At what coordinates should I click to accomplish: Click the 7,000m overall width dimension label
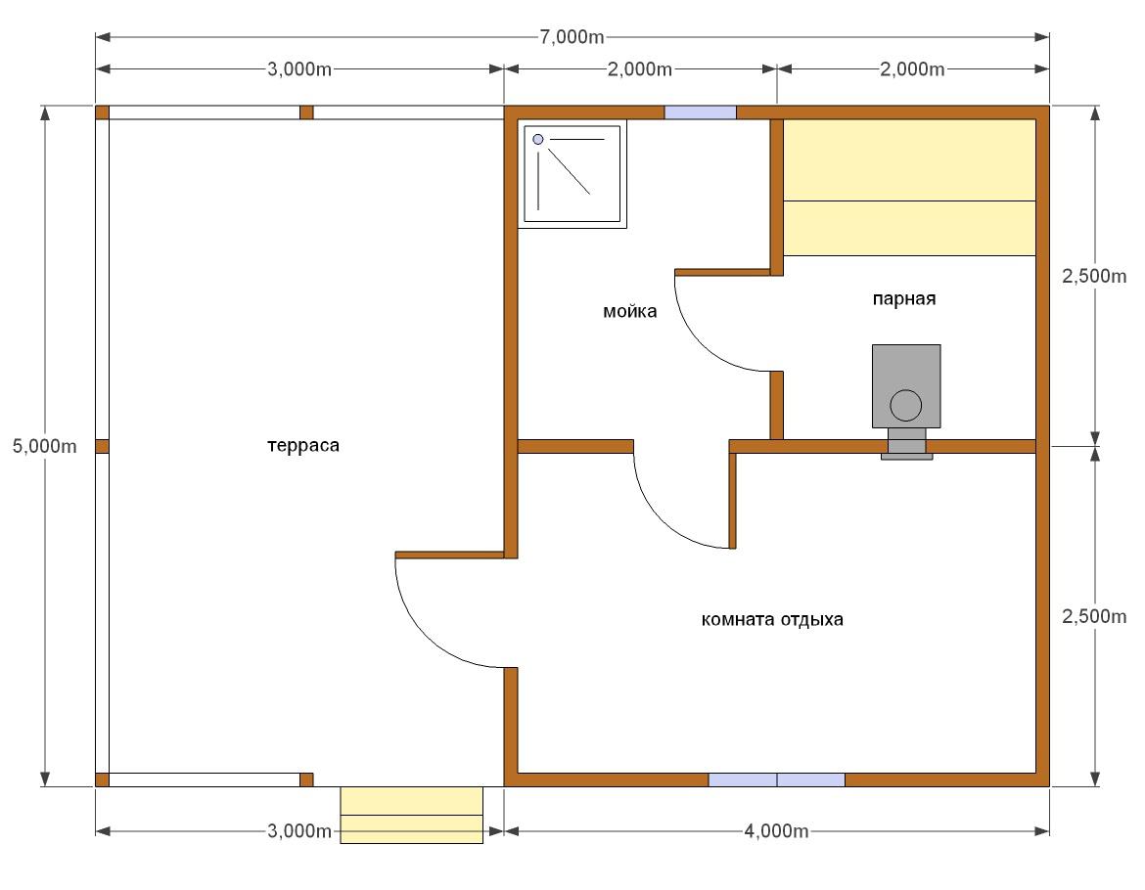pos(572,36)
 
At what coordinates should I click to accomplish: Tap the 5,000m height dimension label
pos(45,446)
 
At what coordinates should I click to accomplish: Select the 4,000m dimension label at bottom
pos(776,831)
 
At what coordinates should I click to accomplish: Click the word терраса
pos(303,445)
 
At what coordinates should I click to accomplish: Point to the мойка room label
pos(629,311)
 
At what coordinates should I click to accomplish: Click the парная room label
pos(904,298)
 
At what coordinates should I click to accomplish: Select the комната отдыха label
pos(772,619)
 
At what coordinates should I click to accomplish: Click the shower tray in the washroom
pos(572,174)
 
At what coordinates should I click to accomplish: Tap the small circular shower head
pos(538,139)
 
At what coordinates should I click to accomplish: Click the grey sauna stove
pos(906,386)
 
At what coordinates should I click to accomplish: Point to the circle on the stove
pos(906,405)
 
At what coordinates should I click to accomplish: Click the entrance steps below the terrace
pos(412,815)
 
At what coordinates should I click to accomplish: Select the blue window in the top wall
pos(700,112)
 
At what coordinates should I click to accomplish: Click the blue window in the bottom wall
pos(776,779)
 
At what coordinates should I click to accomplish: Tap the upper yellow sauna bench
pos(910,159)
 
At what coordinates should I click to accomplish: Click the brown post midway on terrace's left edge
pos(102,446)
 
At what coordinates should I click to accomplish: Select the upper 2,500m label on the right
pos(1094,276)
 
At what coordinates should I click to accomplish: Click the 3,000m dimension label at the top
pos(299,69)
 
